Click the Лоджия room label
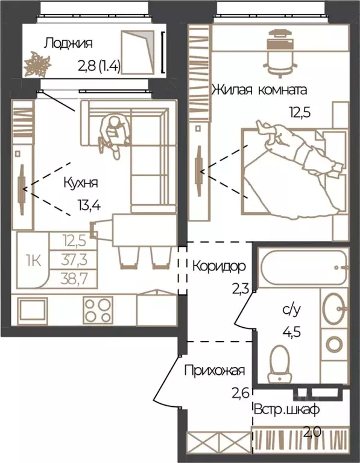click(68, 43)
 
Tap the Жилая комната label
click(259, 90)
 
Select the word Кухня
click(81, 183)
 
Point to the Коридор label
click(219, 266)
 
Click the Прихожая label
click(215, 370)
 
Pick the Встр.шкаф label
click(287, 410)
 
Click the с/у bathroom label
click(291, 311)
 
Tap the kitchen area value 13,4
click(89, 204)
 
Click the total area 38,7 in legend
click(74, 278)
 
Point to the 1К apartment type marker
click(33, 261)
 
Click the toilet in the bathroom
click(279, 363)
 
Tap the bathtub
click(303, 268)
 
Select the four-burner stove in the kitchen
click(98, 310)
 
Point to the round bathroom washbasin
click(335, 308)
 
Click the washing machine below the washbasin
click(334, 344)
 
